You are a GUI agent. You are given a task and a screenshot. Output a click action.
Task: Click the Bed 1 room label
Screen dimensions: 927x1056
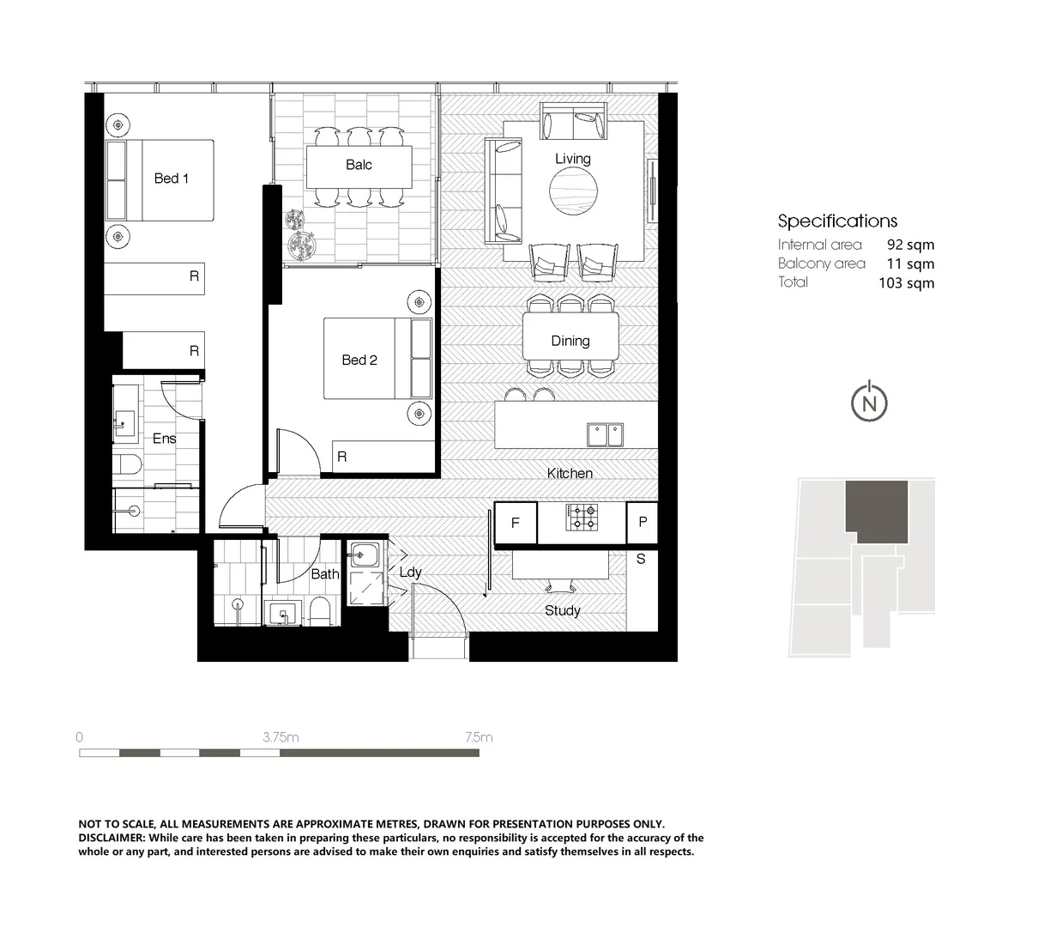coord(171,179)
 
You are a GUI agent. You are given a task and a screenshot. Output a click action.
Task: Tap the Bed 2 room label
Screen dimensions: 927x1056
coord(359,360)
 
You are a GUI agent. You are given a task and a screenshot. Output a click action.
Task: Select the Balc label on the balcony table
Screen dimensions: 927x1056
coord(359,165)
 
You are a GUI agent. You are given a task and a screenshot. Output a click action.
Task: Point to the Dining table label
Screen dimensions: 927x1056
coord(570,341)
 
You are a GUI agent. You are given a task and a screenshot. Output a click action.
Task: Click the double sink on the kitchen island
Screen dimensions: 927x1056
coord(606,434)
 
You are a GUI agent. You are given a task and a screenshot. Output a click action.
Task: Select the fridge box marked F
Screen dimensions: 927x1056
coord(515,522)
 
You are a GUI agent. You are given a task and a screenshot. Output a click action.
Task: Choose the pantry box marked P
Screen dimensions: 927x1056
coord(642,522)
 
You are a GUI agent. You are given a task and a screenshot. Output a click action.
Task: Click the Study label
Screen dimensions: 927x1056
coord(563,610)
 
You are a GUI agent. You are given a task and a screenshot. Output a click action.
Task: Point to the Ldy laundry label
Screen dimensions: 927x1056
coord(410,572)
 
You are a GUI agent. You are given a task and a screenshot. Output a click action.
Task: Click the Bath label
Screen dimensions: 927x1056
coord(324,573)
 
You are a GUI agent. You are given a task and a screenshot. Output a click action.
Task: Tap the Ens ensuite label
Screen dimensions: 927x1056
coord(164,439)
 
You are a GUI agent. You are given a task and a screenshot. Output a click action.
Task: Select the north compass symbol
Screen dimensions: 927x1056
coord(869,403)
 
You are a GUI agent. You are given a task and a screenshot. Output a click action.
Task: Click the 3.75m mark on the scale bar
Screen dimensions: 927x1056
coord(281,737)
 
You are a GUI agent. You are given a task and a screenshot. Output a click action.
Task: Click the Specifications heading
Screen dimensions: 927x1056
coord(837,221)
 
